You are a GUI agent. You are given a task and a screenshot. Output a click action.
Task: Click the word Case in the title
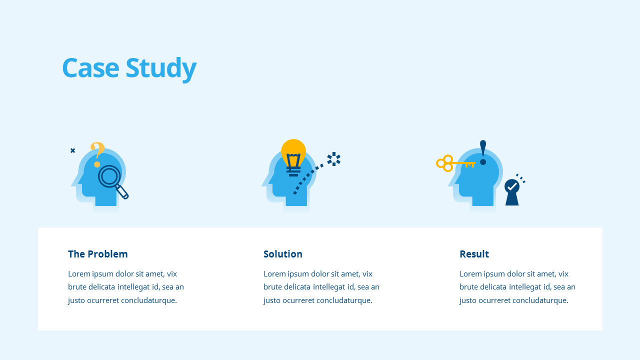90,67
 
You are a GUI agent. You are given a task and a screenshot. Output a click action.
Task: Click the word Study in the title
161,69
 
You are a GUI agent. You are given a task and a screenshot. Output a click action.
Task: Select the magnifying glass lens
109,176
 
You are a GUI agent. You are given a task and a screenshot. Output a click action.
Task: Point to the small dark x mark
73,150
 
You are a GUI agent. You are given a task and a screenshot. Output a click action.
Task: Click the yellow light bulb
293,157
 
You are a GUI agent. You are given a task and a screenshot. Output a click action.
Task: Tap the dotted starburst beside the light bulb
333,159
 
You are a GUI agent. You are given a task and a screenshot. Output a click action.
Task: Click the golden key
455,163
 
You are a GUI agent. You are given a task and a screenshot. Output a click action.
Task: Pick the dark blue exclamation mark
483,152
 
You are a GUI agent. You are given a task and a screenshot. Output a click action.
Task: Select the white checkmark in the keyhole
512,187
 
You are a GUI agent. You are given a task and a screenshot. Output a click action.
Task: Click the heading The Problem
97,254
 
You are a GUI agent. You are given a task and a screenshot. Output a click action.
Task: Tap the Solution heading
283,254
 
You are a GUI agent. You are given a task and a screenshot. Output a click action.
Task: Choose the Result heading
474,254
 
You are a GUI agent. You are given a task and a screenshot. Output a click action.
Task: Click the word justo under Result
467,300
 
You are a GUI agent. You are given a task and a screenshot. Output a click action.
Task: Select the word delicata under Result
493,287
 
